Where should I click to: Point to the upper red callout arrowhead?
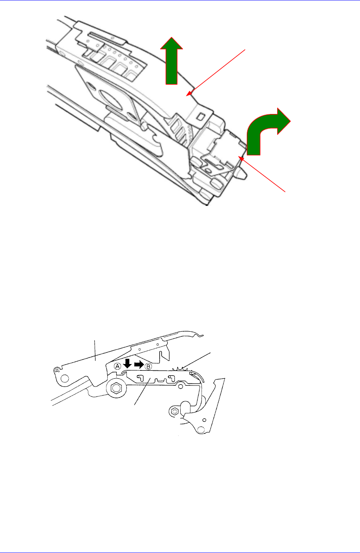tap(190, 93)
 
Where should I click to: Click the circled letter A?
tap(118, 366)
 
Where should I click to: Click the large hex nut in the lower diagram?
tap(115, 388)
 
